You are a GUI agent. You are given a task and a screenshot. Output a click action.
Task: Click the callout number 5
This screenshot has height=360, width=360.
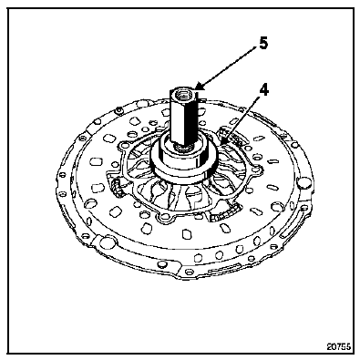(x=263, y=44)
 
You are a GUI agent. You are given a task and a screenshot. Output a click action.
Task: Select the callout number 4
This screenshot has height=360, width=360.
(x=264, y=90)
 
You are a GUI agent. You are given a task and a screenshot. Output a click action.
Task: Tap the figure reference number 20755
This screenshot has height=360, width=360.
(x=339, y=346)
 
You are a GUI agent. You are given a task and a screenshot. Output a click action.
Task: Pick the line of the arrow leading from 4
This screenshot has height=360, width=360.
(x=242, y=117)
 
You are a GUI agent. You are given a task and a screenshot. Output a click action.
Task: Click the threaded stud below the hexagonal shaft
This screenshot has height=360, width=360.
(x=181, y=148)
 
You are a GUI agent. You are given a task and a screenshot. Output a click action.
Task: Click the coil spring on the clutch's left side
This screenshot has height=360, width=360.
(x=117, y=187)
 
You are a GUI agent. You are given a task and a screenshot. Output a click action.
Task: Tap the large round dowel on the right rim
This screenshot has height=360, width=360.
(x=303, y=183)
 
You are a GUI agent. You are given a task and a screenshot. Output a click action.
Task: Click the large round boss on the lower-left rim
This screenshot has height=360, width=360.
(x=108, y=242)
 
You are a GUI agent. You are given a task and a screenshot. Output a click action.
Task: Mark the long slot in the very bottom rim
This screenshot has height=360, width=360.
(x=223, y=268)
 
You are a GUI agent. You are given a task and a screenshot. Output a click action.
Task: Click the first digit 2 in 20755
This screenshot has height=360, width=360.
(x=329, y=346)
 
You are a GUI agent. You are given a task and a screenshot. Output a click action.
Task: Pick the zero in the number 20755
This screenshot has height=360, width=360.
(x=334, y=346)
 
